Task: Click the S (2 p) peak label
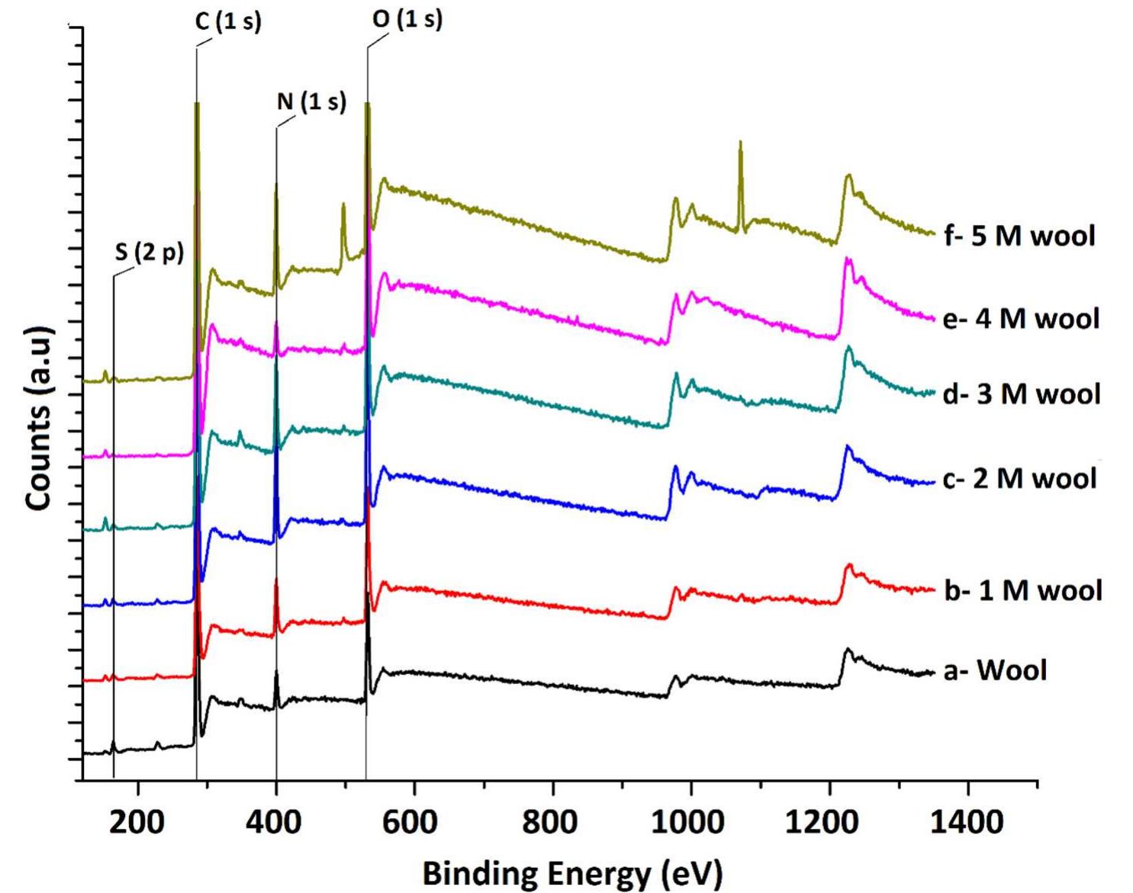pyautogui.click(x=150, y=252)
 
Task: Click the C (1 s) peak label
pyautogui.click(x=228, y=21)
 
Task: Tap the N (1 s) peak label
pyautogui.click(x=311, y=101)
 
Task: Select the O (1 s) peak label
pyautogui.click(x=407, y=20)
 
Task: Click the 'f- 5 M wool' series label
pyautogui.click(x=1019, y=236)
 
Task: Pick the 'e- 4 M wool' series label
pyautogui.click(x=1021, y=318)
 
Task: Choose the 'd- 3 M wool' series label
pyautogui.click(x=1022, y=394)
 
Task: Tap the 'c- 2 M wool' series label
pyautogui.click(x=1020, y=478)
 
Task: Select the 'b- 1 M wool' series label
pyautogui.click(x=1022, y=590)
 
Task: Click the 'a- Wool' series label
pyautogui.click(x=995, y=670)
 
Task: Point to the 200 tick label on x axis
pyautogui.click(x=137, y=822)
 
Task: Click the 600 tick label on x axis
pyautogui.click(x=414, y=822)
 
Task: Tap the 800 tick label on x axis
pyautogui.click(x=552, y=822)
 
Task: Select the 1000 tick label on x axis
pyautogui.click(x=690, y=822)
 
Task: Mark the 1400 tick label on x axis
pyautogui.click(x=967, y=822)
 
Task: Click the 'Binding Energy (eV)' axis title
pyautogui.click(x=571, y=872)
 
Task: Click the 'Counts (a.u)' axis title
pyautogui.click(x=38, y=418)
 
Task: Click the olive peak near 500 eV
pyautogui.click(x=343, y=205)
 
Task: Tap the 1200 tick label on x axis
pyautogui.click(x=829, y=822)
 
